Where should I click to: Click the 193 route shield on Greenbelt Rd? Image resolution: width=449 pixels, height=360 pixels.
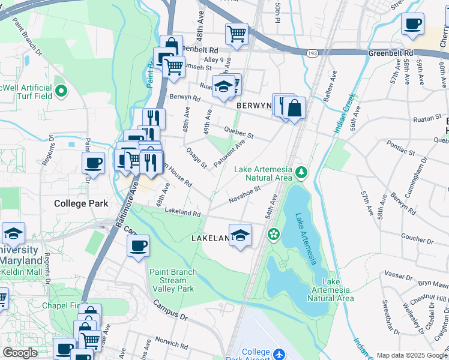[x=313, y=53]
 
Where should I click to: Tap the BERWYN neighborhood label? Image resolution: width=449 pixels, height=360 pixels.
[x=255, y=105]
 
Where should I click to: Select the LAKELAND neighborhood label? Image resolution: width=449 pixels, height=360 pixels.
[x=210, y=238]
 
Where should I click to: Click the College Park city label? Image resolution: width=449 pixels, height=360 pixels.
[x=81, y=203]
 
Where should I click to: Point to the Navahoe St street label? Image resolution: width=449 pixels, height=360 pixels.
[x=243, y=194]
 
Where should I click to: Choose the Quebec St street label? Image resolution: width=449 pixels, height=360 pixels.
[x=239, y=133]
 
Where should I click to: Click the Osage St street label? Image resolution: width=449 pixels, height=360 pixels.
[x=196, y=158]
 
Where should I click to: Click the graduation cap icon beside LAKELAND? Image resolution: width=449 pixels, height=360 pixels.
[x=240, y=235]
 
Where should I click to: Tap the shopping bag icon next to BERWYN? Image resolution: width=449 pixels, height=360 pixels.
[x=294, y=109]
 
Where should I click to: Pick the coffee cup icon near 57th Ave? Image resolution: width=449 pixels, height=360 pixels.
[x=412, y=25]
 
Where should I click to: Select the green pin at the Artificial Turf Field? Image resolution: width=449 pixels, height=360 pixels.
[x=61, y=92]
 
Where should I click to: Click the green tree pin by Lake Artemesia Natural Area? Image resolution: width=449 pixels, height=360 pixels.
[x=301, y=173]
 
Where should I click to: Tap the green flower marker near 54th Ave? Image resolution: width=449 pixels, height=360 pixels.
[x=274, y=234]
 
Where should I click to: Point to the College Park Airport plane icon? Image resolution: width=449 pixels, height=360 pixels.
[x=279, y=355]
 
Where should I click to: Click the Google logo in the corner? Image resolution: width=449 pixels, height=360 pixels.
[x=20, y=353]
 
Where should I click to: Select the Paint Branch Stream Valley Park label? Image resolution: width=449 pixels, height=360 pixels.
[x=173, y=280]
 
